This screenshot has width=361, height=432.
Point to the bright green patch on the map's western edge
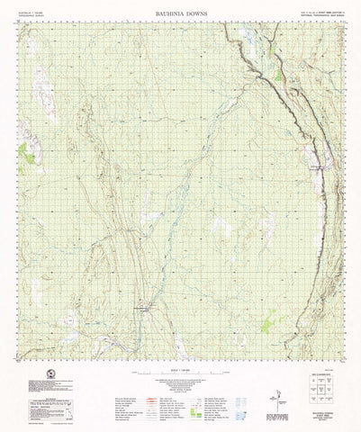pos(29,158)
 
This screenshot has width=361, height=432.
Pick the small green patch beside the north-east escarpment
pos(279,77)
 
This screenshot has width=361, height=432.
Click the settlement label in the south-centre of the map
pos(144,309)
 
